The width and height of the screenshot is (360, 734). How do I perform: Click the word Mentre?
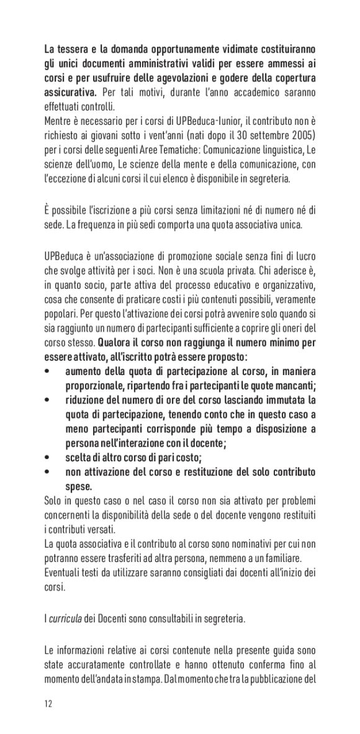[57, 120]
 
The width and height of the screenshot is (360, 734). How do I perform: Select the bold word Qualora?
[115, 342]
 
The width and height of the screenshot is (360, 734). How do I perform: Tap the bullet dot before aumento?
[48, 371]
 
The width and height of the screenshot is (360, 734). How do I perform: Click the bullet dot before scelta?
[48, 458]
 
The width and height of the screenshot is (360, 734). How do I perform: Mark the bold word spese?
[79, 486]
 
